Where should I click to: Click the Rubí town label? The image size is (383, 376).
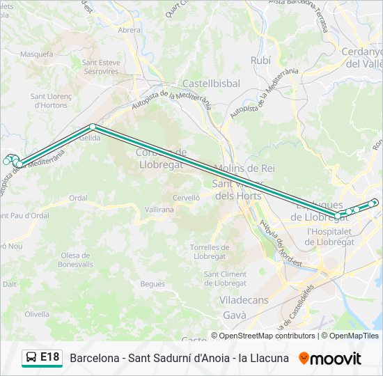(260, 60)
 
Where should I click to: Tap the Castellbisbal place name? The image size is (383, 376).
(211, 83)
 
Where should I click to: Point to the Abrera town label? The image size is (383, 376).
(130, 30)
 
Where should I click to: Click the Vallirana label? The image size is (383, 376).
(159, 209)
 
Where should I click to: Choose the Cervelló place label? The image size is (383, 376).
(186, 198)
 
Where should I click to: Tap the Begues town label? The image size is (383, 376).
(153, 283)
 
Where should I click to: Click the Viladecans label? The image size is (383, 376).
(244, 301)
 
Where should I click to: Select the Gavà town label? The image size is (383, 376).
(234, 315)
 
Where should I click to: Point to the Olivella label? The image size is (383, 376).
(37, 314)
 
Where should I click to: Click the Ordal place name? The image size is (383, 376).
(78, 198)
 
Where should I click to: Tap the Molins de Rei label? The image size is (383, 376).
(244, 169)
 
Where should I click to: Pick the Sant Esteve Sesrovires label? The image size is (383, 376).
(101, 67)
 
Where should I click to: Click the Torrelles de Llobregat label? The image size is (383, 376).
(210, 252)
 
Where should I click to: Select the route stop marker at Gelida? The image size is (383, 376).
(93, 127)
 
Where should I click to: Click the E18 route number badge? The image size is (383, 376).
(49, 357)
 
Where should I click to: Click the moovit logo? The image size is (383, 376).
(330, 359)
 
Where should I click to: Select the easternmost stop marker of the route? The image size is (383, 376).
(375, 203)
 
